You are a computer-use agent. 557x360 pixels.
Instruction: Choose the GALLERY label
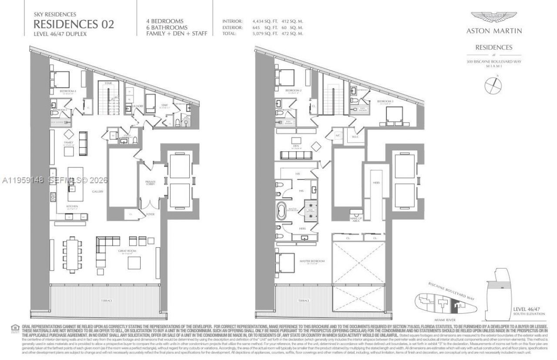pos(97,191)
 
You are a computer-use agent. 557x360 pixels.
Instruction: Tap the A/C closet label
pos(337,136)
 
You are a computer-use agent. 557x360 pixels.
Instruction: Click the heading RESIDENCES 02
pos(74,24)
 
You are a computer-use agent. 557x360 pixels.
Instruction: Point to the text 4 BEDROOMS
pos(165,21)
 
